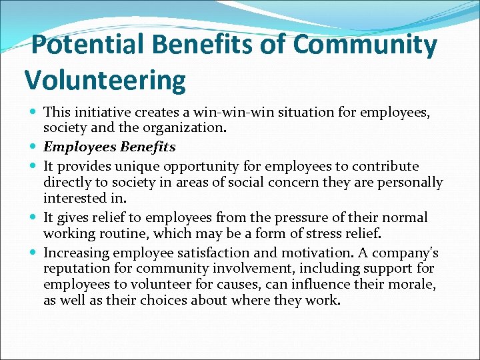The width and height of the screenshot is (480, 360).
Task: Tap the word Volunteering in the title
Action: point(105,81)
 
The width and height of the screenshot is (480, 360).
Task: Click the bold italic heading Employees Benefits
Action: point(109,147)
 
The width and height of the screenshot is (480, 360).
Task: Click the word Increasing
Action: point(76,253)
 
